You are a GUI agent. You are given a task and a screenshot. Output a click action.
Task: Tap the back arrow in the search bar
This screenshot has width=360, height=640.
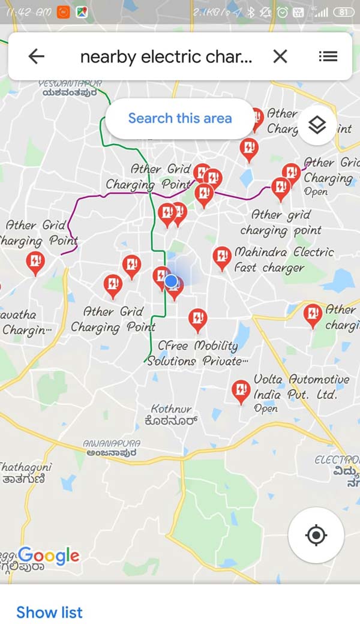coord(37,56)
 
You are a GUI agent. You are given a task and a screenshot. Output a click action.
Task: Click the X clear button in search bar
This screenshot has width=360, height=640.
coord(280,56)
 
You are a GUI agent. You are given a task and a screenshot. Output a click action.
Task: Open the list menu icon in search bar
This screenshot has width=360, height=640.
coord(328,56)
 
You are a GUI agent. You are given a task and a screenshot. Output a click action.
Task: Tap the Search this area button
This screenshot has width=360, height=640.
coord(180,118)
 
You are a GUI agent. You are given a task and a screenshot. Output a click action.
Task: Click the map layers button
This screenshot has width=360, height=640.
coord(317,125)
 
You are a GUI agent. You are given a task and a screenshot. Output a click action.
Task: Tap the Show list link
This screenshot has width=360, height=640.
coord(49,612)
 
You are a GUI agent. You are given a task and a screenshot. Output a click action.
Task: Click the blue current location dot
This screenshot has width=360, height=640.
coord(171,281)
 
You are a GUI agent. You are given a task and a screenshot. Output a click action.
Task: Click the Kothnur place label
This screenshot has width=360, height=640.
coord(172,414)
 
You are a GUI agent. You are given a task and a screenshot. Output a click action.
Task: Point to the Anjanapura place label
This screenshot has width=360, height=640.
coord(112,448)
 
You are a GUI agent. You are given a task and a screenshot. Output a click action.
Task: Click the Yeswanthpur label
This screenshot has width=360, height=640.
coord(70,88)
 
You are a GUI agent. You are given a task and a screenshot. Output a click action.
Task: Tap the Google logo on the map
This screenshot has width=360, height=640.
coord(49,556)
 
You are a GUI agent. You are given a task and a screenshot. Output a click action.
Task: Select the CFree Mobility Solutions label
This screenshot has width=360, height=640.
coord(197,353)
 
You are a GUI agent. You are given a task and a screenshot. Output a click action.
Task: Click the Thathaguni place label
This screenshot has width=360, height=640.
coord(25,472)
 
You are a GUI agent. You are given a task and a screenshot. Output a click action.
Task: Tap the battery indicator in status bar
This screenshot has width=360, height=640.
coord(343,12)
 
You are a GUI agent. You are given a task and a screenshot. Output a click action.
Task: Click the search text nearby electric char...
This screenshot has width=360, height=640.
coord(166,56)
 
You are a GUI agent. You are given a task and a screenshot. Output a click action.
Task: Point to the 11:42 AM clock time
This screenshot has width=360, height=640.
coord(28,12)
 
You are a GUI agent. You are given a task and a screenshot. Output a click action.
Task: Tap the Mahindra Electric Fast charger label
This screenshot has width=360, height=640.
coord(284,260)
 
